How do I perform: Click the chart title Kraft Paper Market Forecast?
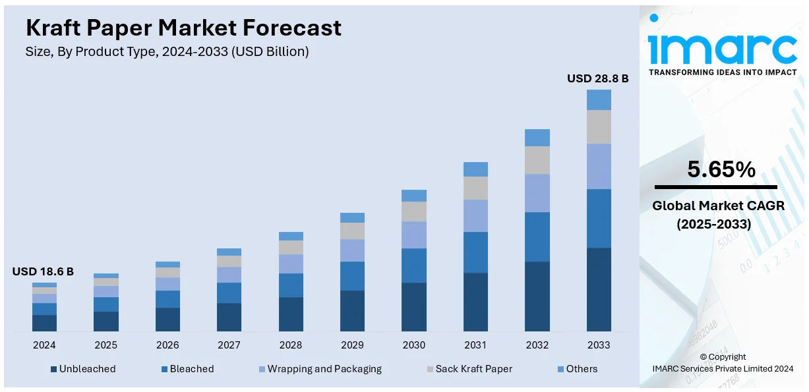point(183,28)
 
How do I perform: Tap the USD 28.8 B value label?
point(597,78)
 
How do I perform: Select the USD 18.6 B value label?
point(43,271)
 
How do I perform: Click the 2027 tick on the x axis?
point(229,345)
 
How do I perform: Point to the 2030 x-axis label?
point(413,345)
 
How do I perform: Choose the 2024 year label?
point(44,345)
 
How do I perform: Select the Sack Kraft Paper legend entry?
point(473,369)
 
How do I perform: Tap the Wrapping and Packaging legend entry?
point(324,369)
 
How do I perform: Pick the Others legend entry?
point(581,369)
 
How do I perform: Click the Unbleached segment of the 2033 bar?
point(599,289)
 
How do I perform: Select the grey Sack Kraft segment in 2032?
point(537,160)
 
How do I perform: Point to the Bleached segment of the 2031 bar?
point(475,252)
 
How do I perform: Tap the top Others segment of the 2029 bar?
point(352,217)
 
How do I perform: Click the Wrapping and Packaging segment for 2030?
point(414,235)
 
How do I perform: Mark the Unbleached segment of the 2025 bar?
point(105,322)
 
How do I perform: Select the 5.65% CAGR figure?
point(721,170)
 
